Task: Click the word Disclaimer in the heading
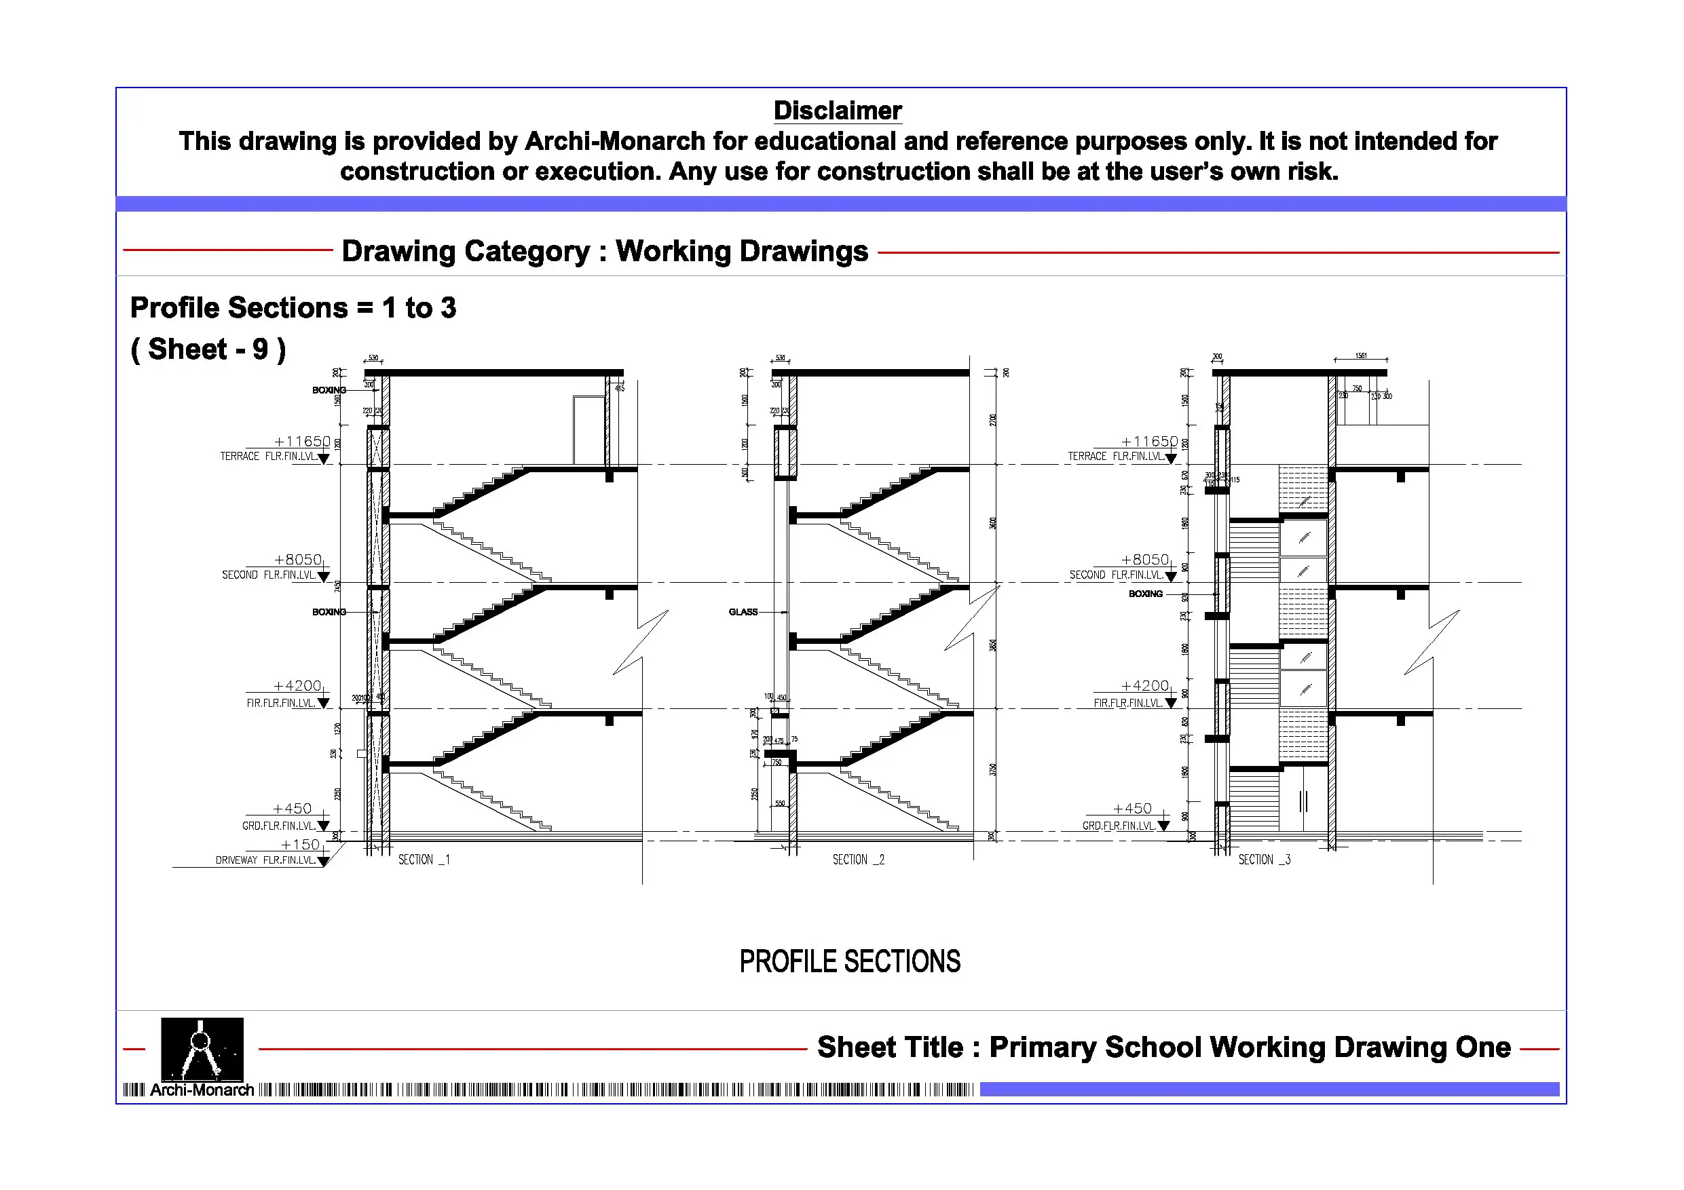(837, 111)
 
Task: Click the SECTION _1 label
(424, 860)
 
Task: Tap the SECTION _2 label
(858, 860)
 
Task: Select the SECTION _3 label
(1264, 860)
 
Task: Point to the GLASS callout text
(743, 611)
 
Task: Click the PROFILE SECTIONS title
(849, 961)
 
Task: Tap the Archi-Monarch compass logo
(202, 1050)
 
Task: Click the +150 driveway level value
(301, 845)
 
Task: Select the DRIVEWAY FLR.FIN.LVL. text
(265, 860)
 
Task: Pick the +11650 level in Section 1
(302, 442)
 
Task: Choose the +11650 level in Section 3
(1149, 442)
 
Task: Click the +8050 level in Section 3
(1144, 560)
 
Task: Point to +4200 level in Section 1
(297, 685)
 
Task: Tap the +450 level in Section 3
(1131, 809)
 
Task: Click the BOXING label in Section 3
(1145, 594)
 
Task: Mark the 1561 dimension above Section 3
(1360, 356)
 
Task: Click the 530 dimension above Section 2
(781, 358)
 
